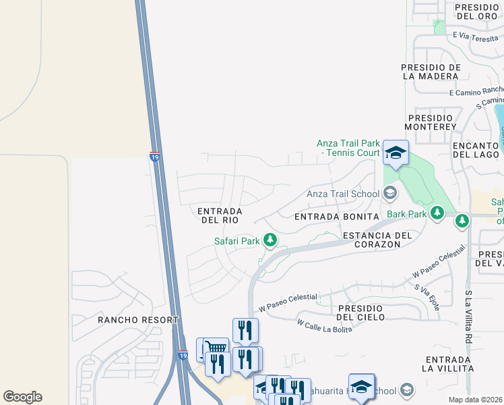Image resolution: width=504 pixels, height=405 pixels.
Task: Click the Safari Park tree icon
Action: pos(270,240)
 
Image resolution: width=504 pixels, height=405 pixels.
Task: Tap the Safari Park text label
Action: pos(237,241)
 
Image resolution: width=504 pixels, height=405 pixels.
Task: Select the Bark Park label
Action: pos(406,214)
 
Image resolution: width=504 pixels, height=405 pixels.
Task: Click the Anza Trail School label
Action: pos(343,194)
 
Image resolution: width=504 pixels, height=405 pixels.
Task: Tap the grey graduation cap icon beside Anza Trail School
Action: pos(389,194)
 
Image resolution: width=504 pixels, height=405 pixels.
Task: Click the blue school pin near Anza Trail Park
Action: pos(396,153)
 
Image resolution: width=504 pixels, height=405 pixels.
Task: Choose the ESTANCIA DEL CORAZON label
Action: pos(377,240)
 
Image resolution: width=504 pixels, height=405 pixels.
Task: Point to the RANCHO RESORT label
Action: pos(138,319)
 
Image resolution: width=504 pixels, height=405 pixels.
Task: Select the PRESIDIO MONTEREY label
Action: pos(432,122)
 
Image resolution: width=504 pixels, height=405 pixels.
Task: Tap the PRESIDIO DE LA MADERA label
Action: pos(431,72)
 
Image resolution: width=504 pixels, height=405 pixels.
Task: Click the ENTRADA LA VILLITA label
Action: pos(448,363)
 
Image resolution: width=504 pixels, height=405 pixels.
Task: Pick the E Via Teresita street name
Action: pos(478,36)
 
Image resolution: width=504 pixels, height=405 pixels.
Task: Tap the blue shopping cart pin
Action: pos(215,349)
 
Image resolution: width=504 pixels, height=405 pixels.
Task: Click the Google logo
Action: pos(22,397)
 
